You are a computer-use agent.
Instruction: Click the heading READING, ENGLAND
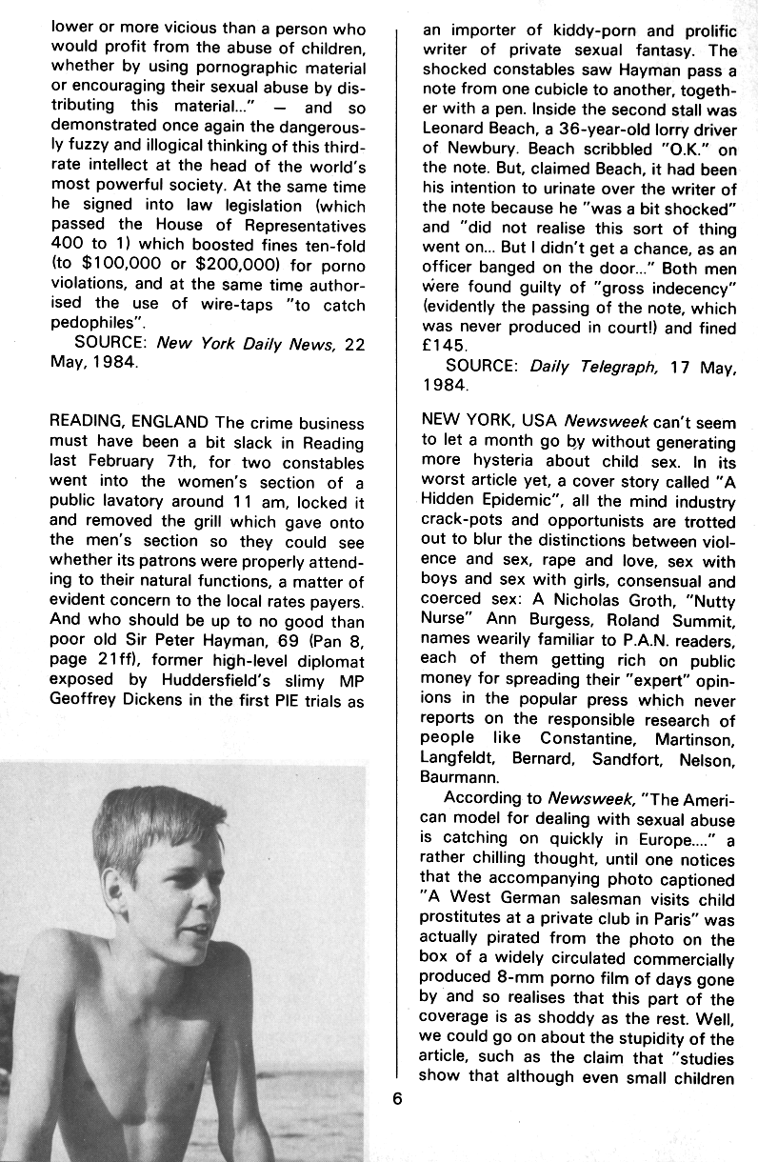click(129, 423)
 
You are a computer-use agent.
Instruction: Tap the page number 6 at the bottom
click(397, 1096)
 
